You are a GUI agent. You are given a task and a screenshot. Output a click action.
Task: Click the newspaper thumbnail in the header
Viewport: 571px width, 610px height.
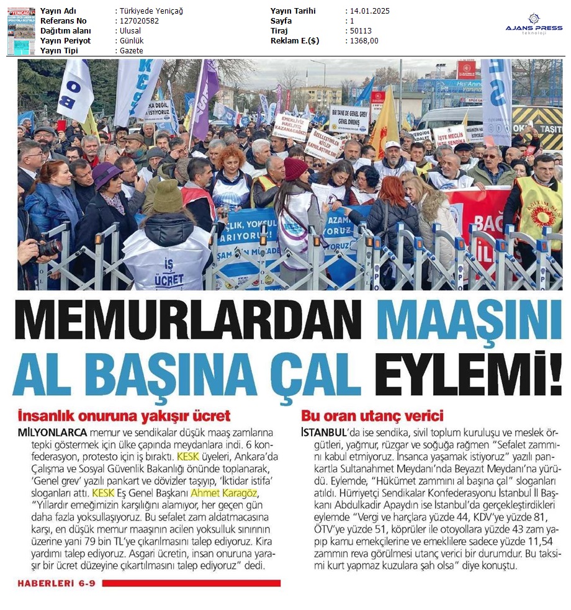pyautogui.click(x=20, y=30)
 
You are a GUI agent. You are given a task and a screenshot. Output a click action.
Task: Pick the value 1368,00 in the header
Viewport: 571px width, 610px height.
pyautogui.click(x=363, y=40)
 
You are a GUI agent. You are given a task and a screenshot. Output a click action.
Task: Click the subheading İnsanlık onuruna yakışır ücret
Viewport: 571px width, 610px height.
pyautogui.click(x=124, y=416)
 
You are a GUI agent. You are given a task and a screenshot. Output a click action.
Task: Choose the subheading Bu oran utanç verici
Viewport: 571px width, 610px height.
pyautogui.click(x=372, y=416)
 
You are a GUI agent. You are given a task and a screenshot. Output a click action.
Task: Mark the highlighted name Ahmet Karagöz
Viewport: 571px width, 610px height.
pyautogui.click(x=223, y=493)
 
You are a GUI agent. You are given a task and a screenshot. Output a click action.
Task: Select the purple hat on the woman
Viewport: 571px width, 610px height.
pyautogui.click(x=107, y=175)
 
